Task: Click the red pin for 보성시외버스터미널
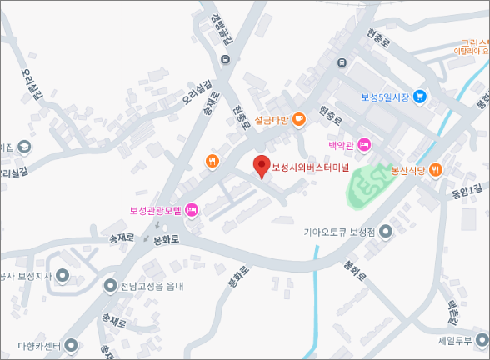click(262, 166)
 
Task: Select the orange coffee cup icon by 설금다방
click(299, 120)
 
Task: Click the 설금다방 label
click(272, 121)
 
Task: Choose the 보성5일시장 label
click(386, 97)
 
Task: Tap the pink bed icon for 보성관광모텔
click(191, 209)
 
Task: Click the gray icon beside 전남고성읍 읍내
click(110, 286)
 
